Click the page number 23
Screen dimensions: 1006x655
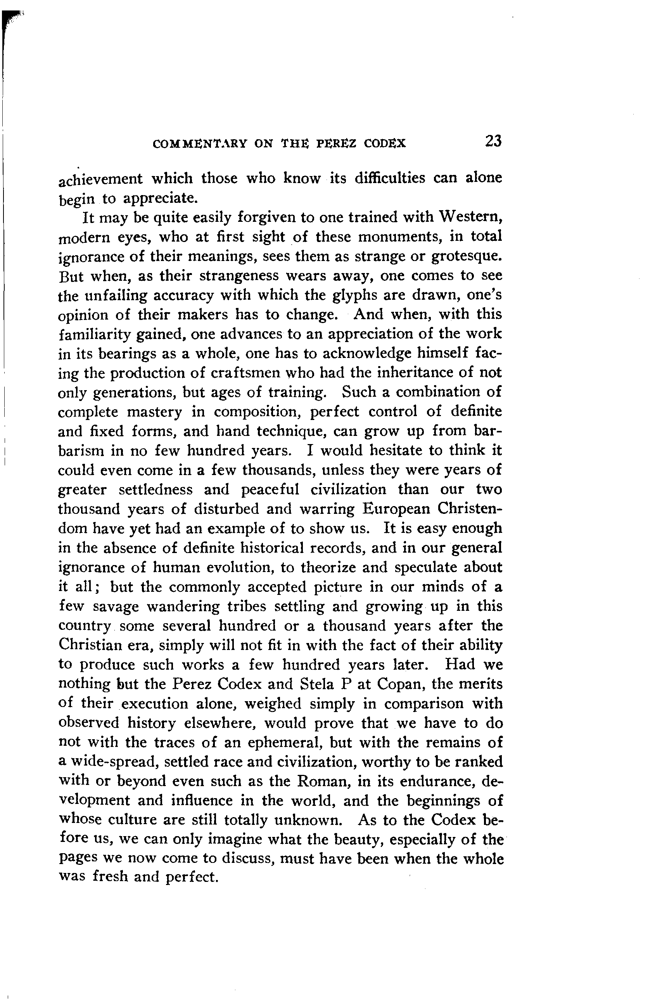pyautogui.click(x=493, y=141)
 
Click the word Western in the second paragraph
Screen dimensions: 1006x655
pyautogui.click(x=470, y=217)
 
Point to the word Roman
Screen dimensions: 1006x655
pyautogui.click(x=323, y=781)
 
